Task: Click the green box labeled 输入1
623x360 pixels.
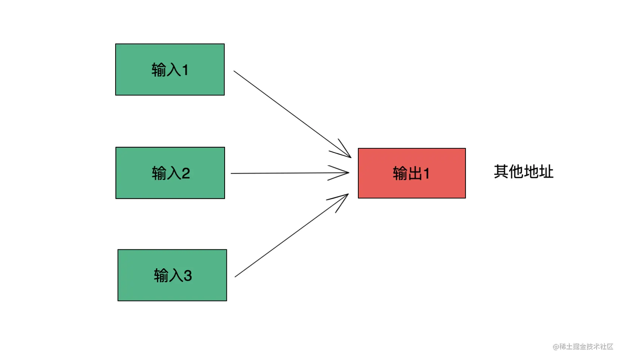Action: click(x=170, y=69)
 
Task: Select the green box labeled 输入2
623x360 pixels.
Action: click(x=170, y=173)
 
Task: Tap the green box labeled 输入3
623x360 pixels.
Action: click(x=172, y=275)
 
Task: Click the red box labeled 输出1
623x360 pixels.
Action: click(x=412, y=173)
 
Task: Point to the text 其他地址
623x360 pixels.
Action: click(x=524, y=172)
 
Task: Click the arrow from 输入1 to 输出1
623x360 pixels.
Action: click(x=292, y=114)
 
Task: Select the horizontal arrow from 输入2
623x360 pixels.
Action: click(x=290, y=173)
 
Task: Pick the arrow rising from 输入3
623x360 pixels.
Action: click(x=292, y=235)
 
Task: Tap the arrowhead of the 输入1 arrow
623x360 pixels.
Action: click(x=342, y=151)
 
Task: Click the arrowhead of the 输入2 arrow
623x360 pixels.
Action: click(x=341, y=173)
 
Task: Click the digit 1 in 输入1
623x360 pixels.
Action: click(x=185, y=70)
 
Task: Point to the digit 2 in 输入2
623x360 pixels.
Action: click(x=186, y=173)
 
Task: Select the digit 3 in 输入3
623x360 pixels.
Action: click(x=188, y=275)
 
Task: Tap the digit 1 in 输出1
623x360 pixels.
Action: click(x=426, y=173)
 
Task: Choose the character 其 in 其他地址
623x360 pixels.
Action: click(x=501, y=172)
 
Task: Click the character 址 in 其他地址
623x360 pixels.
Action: click(x=546, y=172)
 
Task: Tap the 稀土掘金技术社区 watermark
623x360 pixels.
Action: click(x=586, y=346)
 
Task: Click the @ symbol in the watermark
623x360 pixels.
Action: click(x=556, y=347)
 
